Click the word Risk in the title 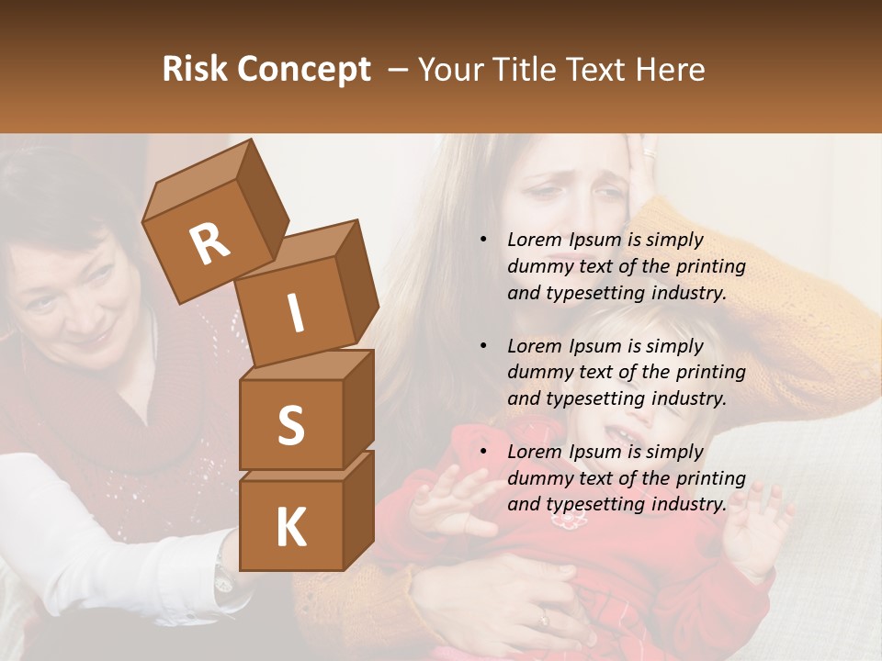196,70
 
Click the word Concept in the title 305,70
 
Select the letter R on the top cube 209,244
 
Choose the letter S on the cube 290,425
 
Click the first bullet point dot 483,241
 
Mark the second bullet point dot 483,347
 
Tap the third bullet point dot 483,453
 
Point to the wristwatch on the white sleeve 223,577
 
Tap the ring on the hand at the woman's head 650,152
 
